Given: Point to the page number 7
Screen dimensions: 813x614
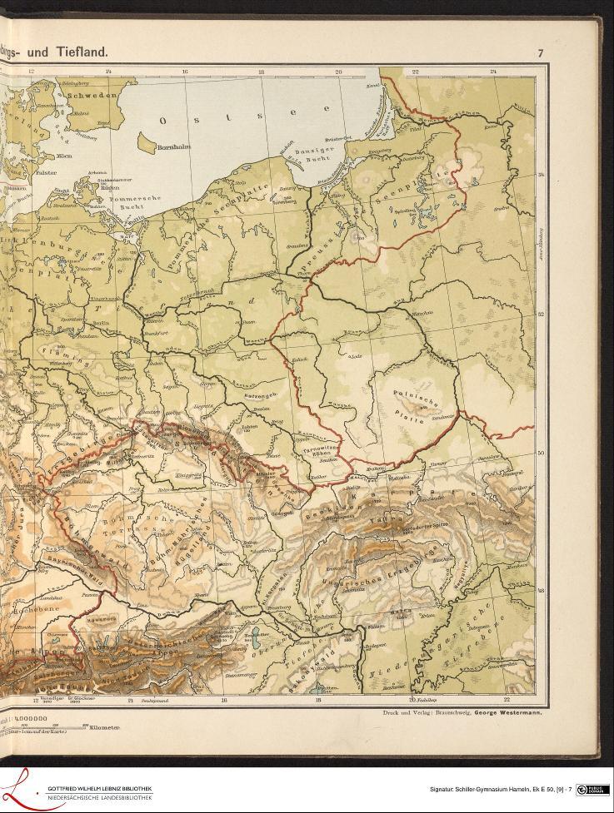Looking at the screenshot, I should pyautogui.click(x=540, y=53).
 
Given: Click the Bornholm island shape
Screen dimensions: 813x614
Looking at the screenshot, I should pyautogui.click(x=147, y=147).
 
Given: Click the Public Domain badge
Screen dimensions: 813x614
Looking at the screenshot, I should pyautogui.click(x=592, y=790).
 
